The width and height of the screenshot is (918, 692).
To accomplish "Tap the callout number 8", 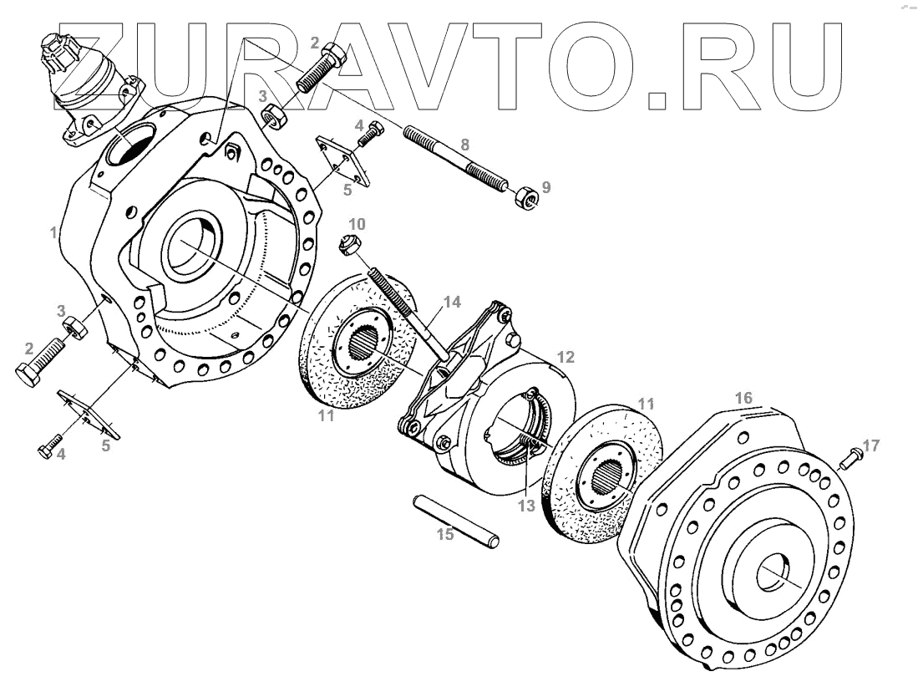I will [x=465, y=144].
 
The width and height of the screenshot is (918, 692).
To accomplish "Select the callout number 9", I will [x=545, y=187].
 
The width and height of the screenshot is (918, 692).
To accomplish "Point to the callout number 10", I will [x=357, y=224].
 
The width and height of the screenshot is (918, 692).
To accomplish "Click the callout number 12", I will [x=566, y=357].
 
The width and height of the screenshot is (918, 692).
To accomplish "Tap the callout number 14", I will [x=451, y=303].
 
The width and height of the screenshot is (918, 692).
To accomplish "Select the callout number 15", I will [x=447, y=533].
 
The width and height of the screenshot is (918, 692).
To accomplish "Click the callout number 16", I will [x=743, y=395].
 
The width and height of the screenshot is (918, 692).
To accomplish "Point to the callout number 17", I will [x=871, y=445].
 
